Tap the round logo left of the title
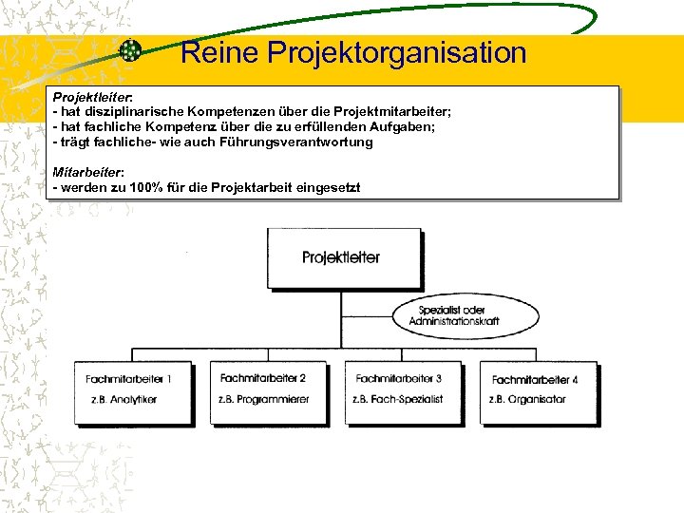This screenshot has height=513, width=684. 131,51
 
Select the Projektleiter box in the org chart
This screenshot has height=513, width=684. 341,257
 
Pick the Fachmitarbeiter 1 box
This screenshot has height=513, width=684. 130,391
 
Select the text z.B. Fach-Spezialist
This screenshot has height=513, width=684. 399,400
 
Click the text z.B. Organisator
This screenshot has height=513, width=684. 527,400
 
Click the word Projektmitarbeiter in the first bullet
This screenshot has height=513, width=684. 389,112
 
